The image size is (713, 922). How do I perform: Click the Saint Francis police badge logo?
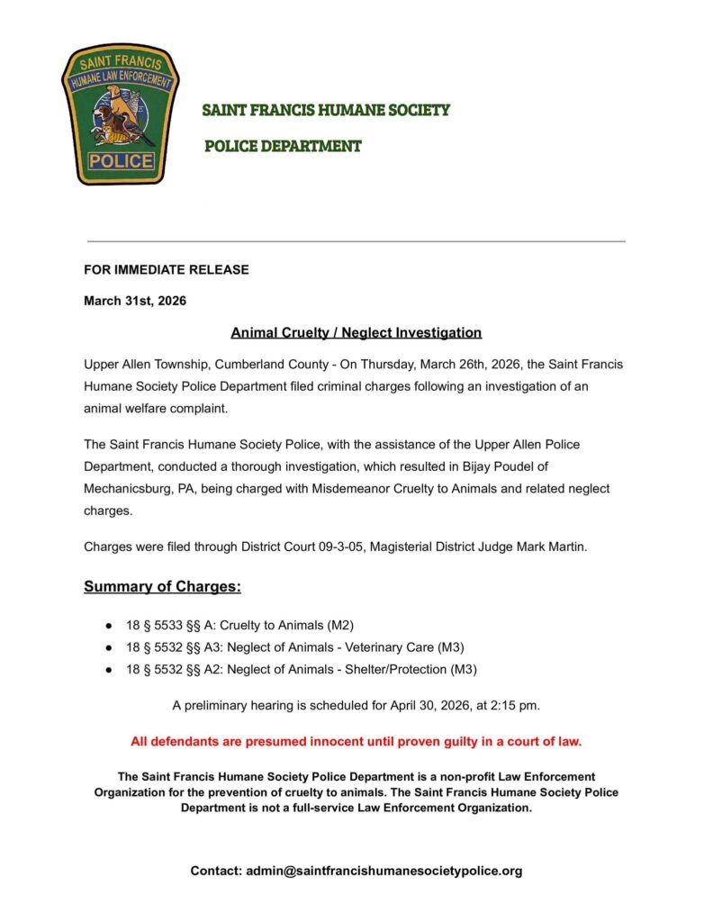tap(121, 113)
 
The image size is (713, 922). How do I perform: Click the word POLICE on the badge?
tap(122, 161)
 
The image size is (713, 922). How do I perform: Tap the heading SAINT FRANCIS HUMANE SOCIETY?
tap(326, 111)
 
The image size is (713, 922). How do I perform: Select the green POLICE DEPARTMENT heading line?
tap(283, 146)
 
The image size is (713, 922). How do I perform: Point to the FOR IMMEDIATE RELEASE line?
tap(167, 269)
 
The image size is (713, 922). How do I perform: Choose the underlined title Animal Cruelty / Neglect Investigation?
tap(356, 333)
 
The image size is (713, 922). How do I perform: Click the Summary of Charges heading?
tap(162, 587)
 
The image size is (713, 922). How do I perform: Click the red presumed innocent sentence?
tap(356, 742)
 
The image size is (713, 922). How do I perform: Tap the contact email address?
tap(384, 871)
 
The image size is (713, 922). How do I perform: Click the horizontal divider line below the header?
tap(356, 241)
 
